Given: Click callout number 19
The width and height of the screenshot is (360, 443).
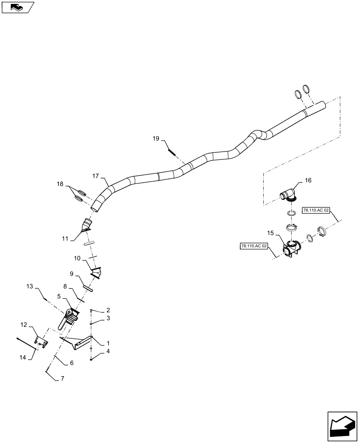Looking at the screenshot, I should [156, 139].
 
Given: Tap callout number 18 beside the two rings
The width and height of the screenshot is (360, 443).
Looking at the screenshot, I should [59, 184].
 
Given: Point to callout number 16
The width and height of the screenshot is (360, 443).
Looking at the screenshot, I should [308, 180].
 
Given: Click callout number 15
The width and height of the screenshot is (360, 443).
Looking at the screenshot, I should [270, 232].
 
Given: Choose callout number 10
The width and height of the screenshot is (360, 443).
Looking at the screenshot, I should [77, 258].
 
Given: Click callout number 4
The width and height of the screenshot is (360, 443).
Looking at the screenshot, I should [107, 353].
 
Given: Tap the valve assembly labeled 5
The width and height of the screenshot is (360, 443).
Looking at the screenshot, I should [70, 318].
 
